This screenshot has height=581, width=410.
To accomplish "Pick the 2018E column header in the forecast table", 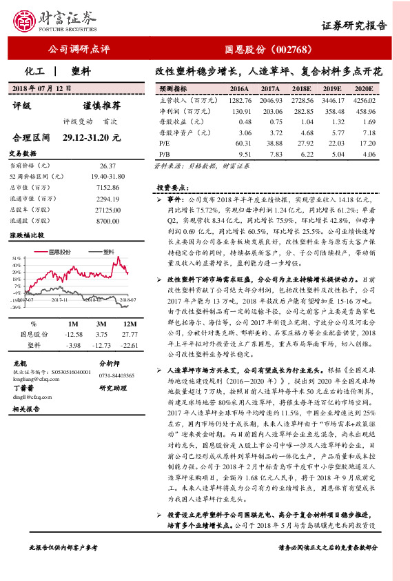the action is [x=302, y=89].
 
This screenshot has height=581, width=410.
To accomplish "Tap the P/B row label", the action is [x=164, y=155].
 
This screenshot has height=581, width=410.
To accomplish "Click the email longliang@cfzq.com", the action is [x=32, y=378].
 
